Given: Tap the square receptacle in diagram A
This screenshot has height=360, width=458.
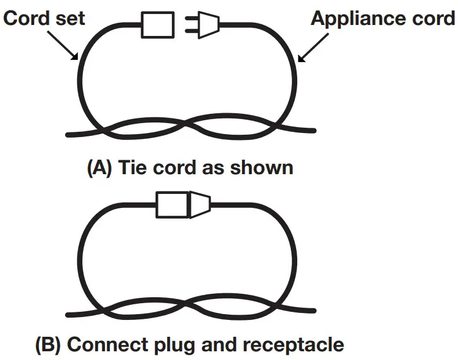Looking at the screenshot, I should click(x=158, y=26).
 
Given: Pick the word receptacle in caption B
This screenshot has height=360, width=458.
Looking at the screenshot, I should click(x=294, y=345).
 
